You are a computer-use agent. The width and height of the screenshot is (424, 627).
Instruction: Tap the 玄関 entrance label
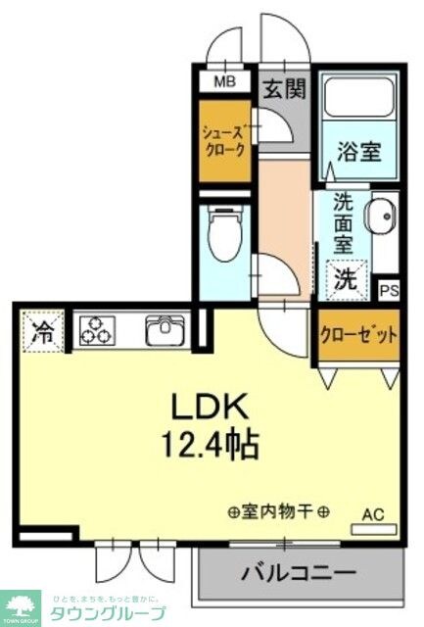(x=284, y=88)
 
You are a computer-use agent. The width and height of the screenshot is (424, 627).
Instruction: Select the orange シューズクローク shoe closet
(x=224, y=141)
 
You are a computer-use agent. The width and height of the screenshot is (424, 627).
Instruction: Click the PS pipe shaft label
(x=389, y=290)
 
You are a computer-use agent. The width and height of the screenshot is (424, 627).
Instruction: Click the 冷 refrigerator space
(x=42, y=331)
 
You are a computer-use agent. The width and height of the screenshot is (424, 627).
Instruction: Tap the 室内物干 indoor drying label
(x=278, y=512)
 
